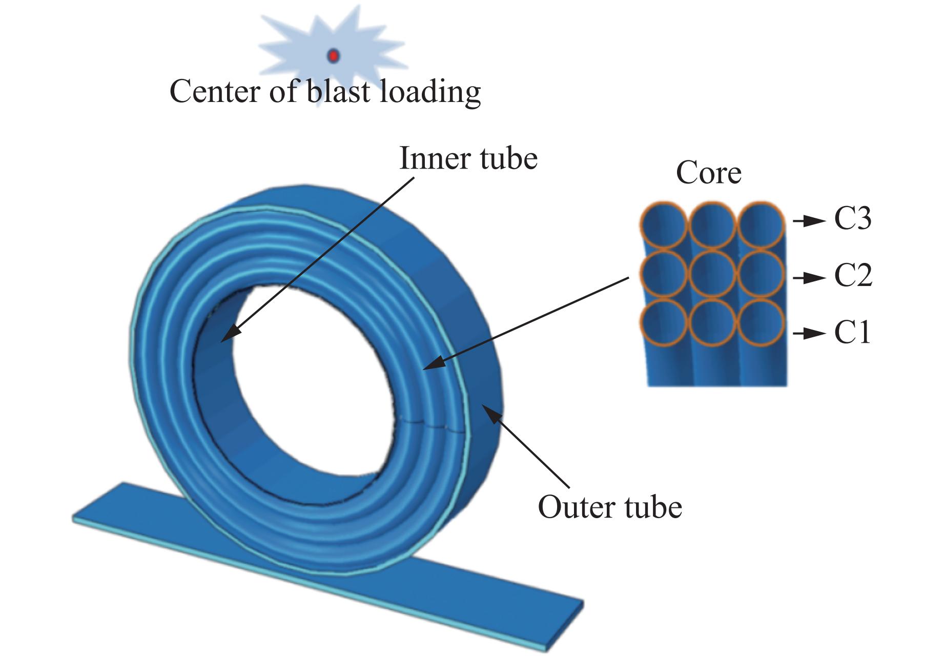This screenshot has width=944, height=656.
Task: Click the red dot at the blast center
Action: (x=333, y=55)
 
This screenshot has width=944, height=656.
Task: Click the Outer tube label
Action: (x=610, y=507)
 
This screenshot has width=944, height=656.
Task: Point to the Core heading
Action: (x=708, y=173)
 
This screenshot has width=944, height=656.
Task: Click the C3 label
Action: (x=852, y=219)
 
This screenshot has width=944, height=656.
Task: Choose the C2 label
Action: (x=853, y=276)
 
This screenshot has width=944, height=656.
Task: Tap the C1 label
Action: (x=852, y=333)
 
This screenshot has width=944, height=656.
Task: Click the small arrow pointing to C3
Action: (x=809, y=221)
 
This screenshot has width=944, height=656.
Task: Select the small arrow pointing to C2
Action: (x=809, y=278)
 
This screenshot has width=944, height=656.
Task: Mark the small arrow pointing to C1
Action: (x=809, y=334)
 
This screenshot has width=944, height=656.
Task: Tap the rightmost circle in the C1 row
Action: (x=761, y=323)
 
